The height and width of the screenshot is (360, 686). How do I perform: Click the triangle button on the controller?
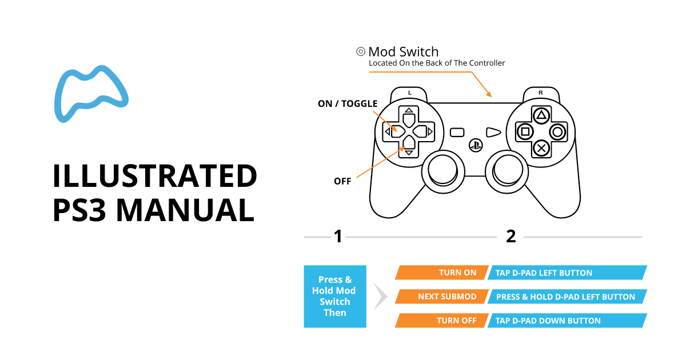pos(541,115)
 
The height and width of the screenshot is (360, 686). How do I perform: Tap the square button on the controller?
pos(524,132)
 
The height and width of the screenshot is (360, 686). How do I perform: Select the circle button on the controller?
pos(557,132)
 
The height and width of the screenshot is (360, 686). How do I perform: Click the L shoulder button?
pos(409,93)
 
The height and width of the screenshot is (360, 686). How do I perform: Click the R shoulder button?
pos(541,93)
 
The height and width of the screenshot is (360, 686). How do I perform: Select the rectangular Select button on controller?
pos(457,132)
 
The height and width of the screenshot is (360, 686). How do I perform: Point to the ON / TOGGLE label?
pos(348,104)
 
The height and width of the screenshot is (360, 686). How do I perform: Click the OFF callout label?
pos(342,181)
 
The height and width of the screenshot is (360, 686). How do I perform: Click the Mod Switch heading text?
pos(403,52)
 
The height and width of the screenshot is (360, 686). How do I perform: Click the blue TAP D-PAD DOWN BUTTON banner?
pos(566,321)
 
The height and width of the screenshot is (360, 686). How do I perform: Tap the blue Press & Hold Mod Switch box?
pos(335,296)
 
